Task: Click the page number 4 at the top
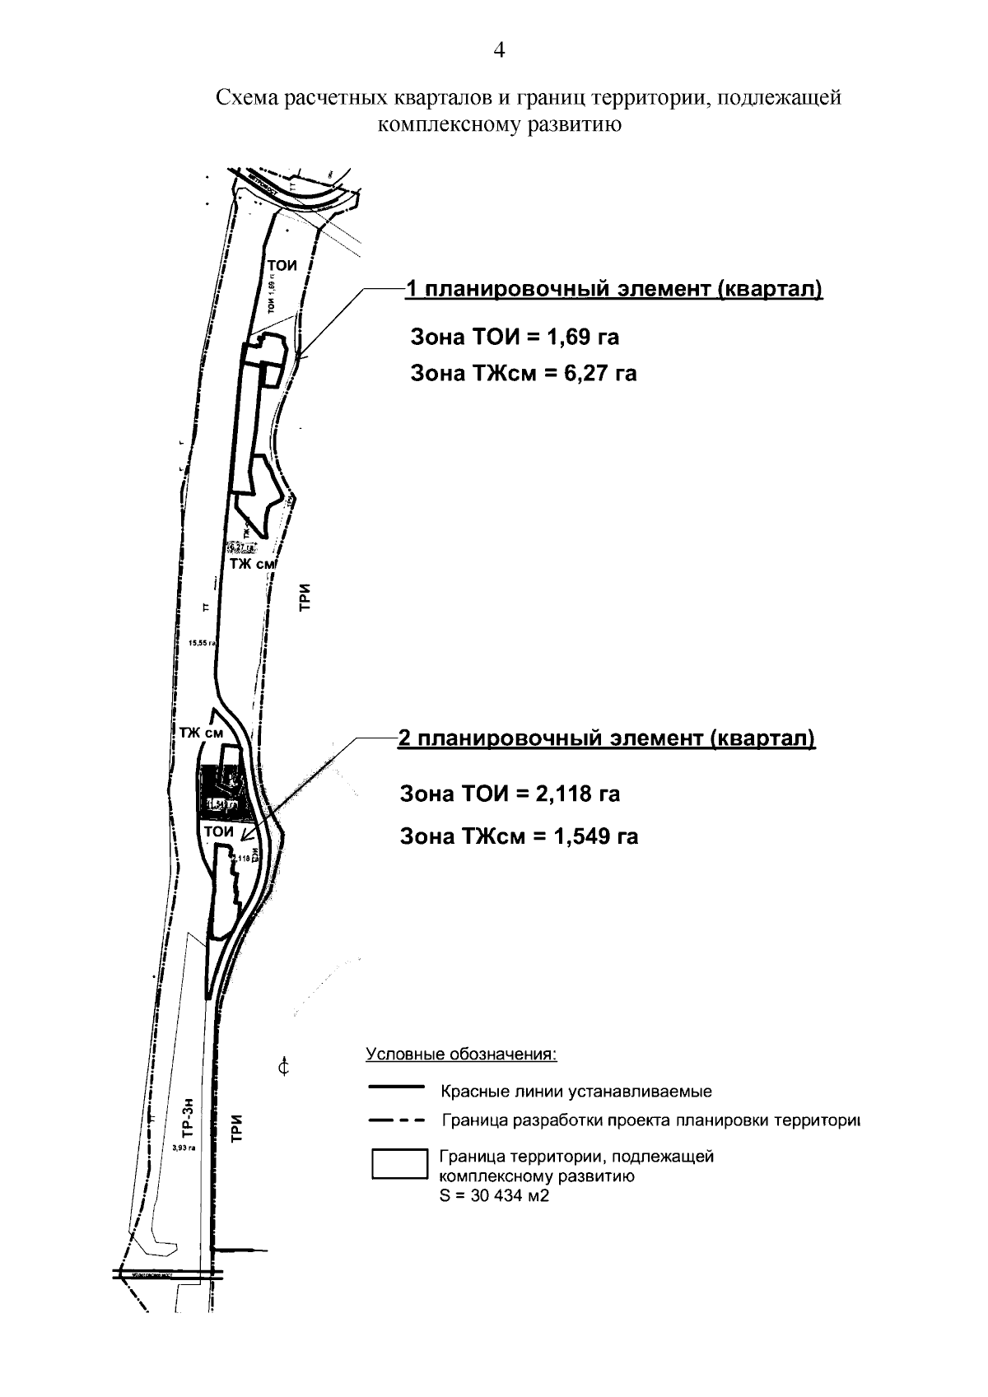point(498,51)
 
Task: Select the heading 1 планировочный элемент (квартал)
point(613,290)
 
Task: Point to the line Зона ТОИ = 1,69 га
point(515,337)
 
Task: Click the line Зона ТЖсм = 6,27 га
point(524,373)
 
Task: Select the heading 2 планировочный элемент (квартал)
point(606,738)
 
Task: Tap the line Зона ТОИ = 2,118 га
point(510,794)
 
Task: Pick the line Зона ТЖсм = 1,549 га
point(519,836)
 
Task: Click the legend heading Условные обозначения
point(461,1055)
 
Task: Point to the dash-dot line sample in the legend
point(396,1120)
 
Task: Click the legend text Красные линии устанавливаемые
point(576,1092)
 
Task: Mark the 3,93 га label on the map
point(184,1147)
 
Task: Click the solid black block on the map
point(212,778)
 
